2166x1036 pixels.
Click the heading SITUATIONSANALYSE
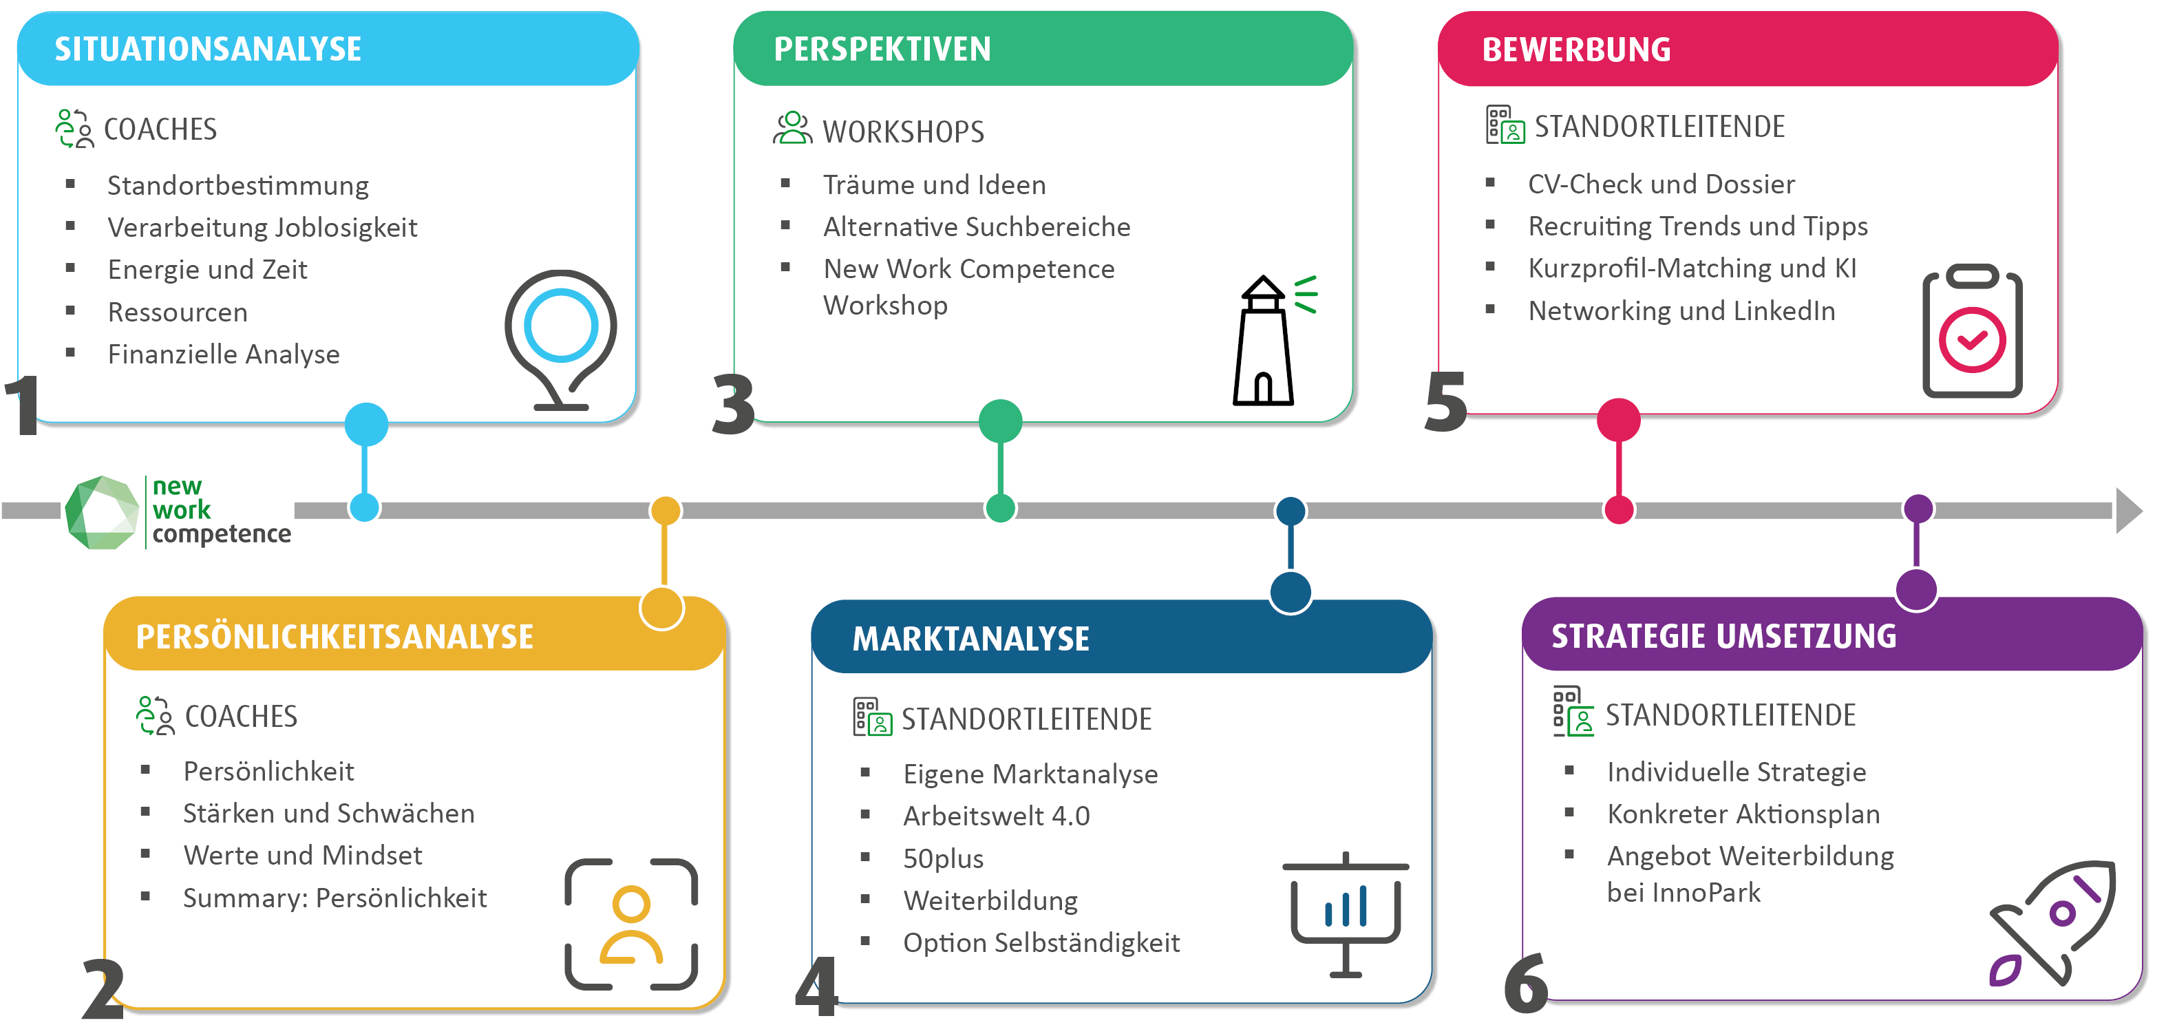click(x=208, y=50)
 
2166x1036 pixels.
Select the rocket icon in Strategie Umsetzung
click(x=2052, y=922)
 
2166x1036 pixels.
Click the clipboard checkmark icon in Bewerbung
click(x=1972, y=332)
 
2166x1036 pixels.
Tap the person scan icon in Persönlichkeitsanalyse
click(x=631, y=923)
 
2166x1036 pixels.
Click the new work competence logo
click(x=178, y=511)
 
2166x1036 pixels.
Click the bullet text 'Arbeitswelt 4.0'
click(x=997, y=816)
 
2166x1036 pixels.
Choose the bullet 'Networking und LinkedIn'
click(x=1681, y=311)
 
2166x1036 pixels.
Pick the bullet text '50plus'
click(x=944, y=858)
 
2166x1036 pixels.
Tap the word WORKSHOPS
click(x=903, y=132)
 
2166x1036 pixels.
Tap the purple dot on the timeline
click(x=1918, y=509)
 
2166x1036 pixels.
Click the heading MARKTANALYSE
click(x=970, y=639)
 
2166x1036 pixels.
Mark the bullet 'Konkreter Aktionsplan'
click(x=1743, y=814)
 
